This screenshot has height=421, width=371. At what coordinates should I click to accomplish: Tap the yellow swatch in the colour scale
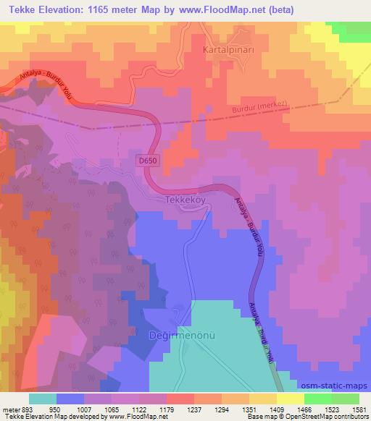[290, 399]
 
